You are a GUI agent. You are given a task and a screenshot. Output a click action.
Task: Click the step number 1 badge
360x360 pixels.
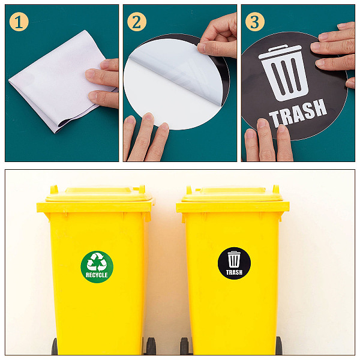pos(19,22)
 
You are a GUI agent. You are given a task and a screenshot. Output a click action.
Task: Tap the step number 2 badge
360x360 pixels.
pos(137,22)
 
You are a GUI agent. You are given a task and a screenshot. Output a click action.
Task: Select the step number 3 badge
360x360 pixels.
pos(255,22)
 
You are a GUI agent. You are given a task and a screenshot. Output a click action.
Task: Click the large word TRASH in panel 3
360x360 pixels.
pos(298,113)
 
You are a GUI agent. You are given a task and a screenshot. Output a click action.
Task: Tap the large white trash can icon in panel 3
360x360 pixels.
pos(284,73)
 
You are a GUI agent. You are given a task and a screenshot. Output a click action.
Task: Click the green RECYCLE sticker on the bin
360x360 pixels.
pos(97,267)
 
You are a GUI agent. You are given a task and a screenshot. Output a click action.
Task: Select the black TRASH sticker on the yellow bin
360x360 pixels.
pos(234,263)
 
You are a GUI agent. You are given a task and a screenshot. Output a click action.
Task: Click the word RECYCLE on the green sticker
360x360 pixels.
pos(97,275)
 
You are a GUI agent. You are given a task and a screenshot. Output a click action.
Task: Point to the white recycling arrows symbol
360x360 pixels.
pos(97,262)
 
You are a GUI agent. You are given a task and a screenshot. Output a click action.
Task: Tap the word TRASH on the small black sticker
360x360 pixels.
pos(234,272)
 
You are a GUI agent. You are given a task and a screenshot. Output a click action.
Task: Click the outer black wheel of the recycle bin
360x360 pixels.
pos(55,347)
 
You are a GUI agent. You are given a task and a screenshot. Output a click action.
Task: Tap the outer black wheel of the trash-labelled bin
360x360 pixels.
pos(279,346)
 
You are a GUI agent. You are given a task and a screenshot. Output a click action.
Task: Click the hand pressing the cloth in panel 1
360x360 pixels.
pos(103,83)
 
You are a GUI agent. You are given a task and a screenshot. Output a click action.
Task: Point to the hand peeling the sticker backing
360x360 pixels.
pos(217,36)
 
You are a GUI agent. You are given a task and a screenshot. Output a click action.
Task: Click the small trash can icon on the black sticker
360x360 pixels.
pos(234,259)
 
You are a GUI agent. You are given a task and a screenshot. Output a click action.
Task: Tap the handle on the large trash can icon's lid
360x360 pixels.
pos(278,48)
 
